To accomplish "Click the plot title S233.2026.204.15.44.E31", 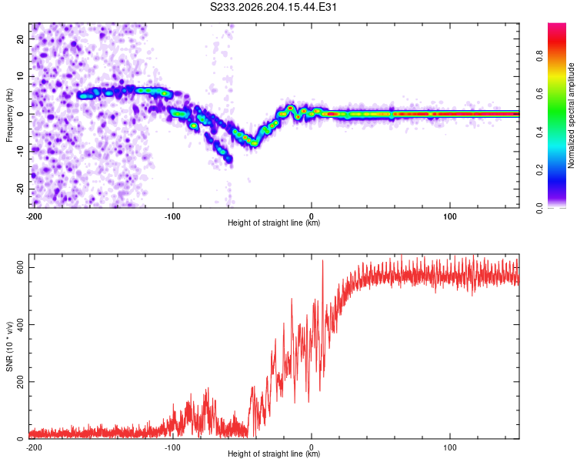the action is [x=273, y=7].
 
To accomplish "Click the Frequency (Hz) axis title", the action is [x=9, y=115].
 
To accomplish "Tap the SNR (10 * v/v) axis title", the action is [x=9, y=346].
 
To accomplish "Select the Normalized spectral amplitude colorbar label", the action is [x=571, y=115].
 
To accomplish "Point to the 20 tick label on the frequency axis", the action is [x=20, y=39].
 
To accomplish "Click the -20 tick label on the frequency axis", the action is [x=20, y=189].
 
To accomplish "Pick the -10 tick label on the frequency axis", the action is [x=20, y=152].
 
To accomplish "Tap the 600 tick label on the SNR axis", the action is [x=20, y=267].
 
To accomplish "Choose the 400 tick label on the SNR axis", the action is [x=20, y=325].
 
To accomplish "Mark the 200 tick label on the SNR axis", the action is [x=20, y=382].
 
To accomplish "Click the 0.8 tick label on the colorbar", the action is [x=539, y=56].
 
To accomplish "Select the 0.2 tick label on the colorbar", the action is [x=539, y=170].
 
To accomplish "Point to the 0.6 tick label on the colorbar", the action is [x=539, y=94].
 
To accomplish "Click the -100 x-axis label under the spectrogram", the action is [x=172, y=216].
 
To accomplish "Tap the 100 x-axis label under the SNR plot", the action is [x=450, y=447].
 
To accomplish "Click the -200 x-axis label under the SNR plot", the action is [x=34, y=447].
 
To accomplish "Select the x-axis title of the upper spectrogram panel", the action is [x=274, y=223].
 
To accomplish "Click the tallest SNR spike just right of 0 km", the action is [x=322, y=260].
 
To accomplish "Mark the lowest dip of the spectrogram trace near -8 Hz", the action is [x=254, y=144].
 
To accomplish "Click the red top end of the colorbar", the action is [x=557, y=25].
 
